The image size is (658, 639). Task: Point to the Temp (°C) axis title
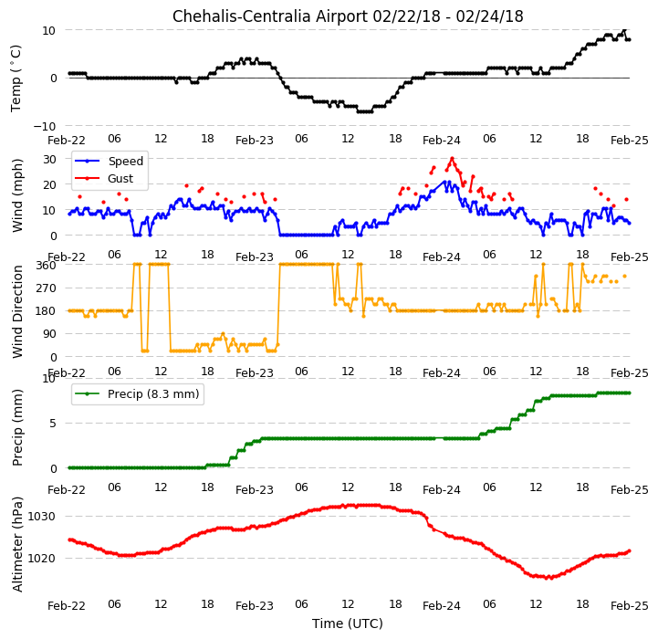16,79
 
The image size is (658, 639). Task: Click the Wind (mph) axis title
16,195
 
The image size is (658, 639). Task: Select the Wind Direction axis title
16,311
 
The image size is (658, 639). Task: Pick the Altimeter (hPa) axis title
16,545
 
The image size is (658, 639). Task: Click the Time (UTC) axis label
348,623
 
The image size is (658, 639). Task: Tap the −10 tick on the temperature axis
45,126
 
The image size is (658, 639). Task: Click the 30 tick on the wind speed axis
49,160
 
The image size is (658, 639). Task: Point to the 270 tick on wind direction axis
47,288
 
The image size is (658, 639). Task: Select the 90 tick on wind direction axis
49,334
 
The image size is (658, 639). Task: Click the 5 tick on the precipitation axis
53,424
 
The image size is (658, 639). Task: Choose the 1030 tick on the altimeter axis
42,517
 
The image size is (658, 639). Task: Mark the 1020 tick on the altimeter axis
42,559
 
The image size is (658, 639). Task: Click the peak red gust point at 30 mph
452,159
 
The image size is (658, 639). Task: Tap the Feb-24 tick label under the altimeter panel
442,606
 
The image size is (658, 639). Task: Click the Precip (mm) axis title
16,427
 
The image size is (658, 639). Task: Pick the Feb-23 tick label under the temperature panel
255,141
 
